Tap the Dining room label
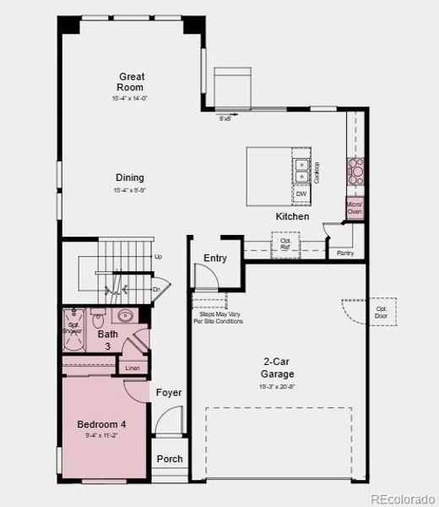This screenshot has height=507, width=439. pyautogui.click(x=130, y=177)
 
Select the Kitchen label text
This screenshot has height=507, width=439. pyautogui.click(x=292, y=216)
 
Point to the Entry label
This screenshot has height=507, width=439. pyautogui.click(x=215, y=258)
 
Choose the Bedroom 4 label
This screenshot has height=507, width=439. pyautogui.click(x=100, y=424)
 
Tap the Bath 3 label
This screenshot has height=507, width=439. pyautogui.click(x=108, y=341)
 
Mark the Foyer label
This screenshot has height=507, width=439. pyautogui.click(x=169, y=393)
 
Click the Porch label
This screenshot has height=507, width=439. pyautogui.click(x=169, y=460)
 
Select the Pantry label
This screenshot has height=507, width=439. pyautogui.click(x=345, y=253)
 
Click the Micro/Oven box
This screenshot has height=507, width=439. pyautogui.click(x=355, y=207)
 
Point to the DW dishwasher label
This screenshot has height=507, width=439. pyautogui.click(x=301, y=194)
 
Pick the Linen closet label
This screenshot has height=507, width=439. pyautogui.click(x=132, y=368)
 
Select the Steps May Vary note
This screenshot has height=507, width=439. pyautogui.click(x=215, y=319)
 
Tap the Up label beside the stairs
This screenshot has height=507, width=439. pyautogui.click(x=158, y=256)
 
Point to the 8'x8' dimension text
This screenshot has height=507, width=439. pyautogui.click(x=225, y=119)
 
